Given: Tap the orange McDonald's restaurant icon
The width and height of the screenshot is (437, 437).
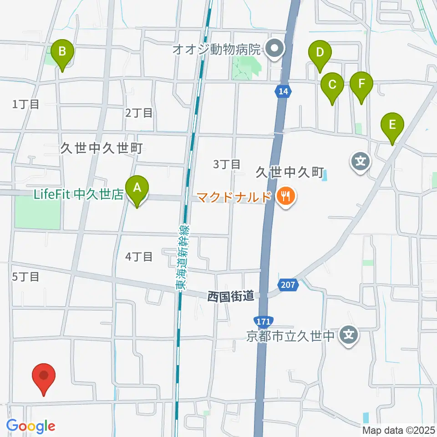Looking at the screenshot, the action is click(285, 197).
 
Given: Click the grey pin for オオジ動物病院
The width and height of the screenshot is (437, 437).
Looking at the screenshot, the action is click(274, 48).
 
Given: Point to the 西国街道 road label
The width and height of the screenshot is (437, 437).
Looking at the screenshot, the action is click(230, 297).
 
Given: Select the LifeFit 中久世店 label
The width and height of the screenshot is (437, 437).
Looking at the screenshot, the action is click(78, 195).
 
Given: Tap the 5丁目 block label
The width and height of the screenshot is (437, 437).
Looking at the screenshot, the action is click(25, 276).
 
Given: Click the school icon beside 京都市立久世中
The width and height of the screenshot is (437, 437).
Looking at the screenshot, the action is click(350, 337).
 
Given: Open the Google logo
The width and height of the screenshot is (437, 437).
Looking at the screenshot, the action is click(31, 426).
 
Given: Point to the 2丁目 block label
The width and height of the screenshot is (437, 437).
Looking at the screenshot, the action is click(139, 113).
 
